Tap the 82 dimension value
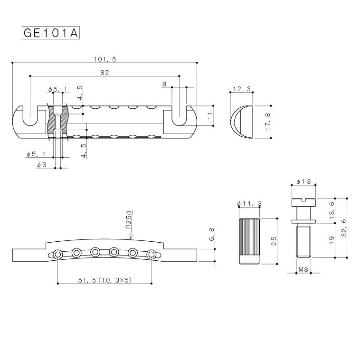pyautogui.click(x=105, y=73)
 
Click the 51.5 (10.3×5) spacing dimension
pyautogui.click(x=104, y=281)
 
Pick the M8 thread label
pyautogui.click(x=303, y=269)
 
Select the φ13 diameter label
pyautogui.click(x=303, y=182)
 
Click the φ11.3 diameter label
pyautogui.click(x=250, y=204)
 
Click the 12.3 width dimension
pyautogui.click(x=242, y=89)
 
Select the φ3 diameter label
pyautogui.click(x=41, y=164)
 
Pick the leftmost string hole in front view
pyautogui.click(x=57, y=255)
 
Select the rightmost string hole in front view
pyautogui.click(x=151, y=254)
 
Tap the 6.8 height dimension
pyautogui.click(x=212, y=235)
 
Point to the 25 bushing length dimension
pyautogui.click(x=274, y=241)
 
